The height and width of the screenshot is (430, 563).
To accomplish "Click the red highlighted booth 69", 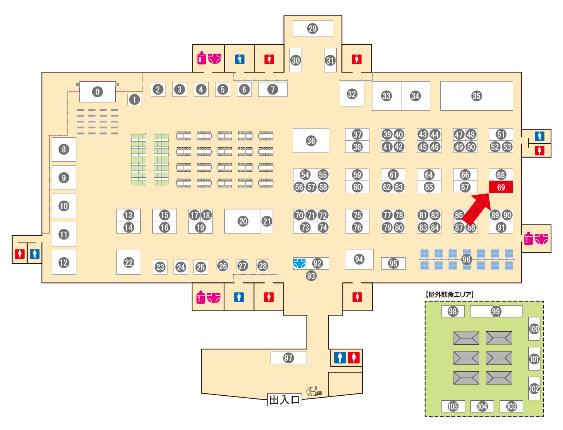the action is tap(501, 187).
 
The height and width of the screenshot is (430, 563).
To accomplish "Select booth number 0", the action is tap(98, 92).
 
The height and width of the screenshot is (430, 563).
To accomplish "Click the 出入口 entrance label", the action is tap(285, 400).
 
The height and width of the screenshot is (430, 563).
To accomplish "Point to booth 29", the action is tap(313, 29).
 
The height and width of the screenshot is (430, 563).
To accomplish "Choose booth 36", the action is tap(311, 140).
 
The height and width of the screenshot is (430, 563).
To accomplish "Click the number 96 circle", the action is tap(466, 260).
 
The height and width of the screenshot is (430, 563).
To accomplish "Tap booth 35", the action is tap(477, 96).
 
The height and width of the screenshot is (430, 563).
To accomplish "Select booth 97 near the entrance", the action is tap(288, 358).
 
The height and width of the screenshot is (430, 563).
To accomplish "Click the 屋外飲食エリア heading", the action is tap(449, 294).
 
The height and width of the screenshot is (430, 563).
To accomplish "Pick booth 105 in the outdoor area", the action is tap(453, 406).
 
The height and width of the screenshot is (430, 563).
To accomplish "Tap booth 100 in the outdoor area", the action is tap(534, 329).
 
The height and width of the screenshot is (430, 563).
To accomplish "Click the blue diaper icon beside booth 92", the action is tap(299, 263).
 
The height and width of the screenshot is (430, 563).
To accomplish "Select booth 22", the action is tap(128, 262).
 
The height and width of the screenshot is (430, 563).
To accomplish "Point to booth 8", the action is tap(64, 149).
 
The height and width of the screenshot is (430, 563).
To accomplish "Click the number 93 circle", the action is tap(311, 276).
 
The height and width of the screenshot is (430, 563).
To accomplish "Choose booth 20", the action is tap(243, 221).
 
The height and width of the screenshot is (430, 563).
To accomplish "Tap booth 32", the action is tap(352, 94).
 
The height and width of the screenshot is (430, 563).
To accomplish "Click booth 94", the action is tap(359, 259).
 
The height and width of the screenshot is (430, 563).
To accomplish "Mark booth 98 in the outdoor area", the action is tap(453, 311).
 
